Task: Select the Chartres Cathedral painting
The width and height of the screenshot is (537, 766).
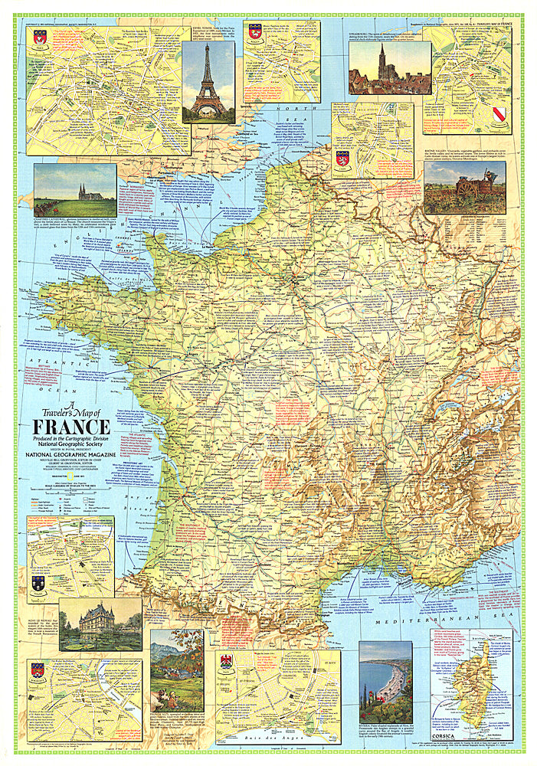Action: pos(75,191)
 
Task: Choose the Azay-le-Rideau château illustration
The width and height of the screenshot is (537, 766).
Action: pos(100,624)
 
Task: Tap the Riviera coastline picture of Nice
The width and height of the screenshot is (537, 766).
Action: pos(385,682)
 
